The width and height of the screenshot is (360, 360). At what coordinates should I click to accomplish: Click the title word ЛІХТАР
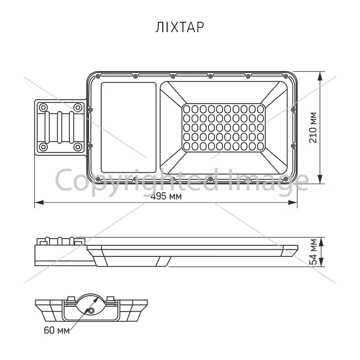[180, 27]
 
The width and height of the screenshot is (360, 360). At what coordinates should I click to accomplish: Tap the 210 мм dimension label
[313, 128]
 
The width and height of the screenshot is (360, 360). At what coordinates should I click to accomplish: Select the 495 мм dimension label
[166, 196]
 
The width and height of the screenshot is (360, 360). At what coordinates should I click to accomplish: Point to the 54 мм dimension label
[314, 252]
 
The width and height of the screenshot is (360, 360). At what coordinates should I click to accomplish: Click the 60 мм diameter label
[57, 330]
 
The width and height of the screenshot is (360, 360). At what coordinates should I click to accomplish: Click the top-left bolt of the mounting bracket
[43, 107]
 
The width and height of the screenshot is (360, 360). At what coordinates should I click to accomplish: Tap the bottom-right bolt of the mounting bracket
[78, 147]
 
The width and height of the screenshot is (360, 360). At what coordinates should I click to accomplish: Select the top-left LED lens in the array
[187, 109]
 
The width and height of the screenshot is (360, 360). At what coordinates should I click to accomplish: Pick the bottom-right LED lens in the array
[260, 146]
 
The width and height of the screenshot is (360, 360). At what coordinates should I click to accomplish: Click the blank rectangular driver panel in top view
[129, 127]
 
